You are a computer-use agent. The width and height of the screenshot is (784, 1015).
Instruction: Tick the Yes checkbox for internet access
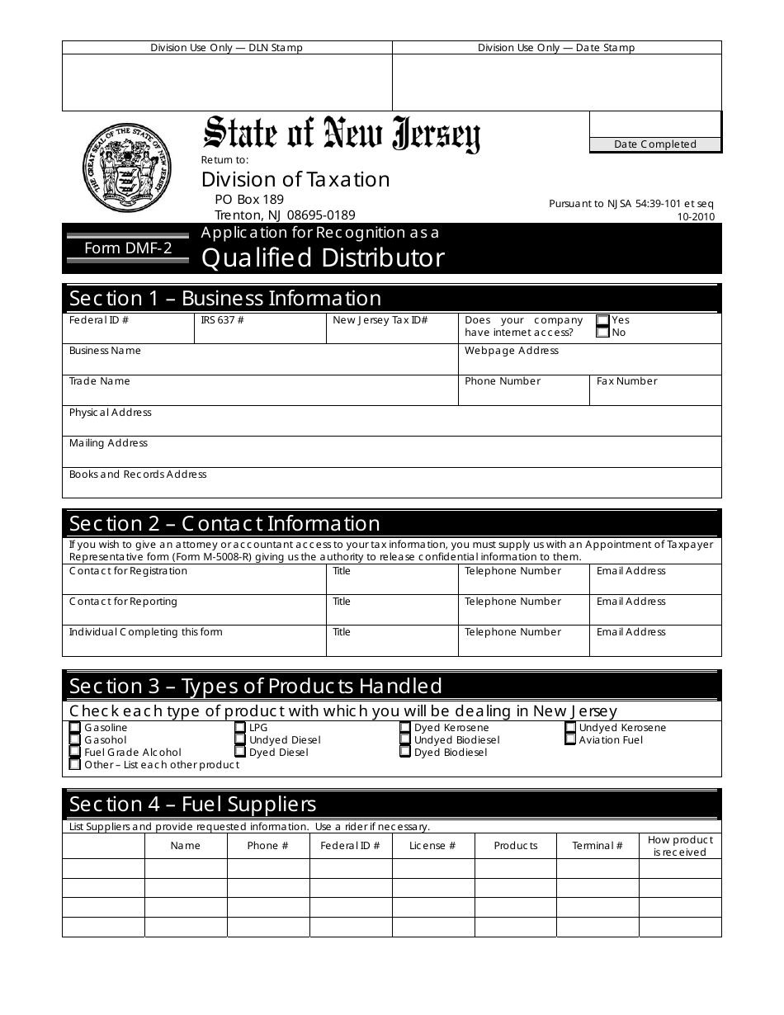pyautogui.click(x=602, y=320)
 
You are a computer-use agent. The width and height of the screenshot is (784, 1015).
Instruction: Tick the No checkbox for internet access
pyautogui.click(x=602, y=333)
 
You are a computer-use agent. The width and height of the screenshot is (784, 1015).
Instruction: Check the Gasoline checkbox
pyautogui.click(x=75, y=728)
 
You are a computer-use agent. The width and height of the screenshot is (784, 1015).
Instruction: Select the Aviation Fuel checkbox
pyautogui.click(x=570, y=740)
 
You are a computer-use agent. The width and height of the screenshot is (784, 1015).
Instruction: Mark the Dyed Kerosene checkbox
pyautogui.click(x=405, y=728)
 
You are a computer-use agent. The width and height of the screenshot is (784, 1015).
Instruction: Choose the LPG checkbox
pyautogui.click(x=240, y=728)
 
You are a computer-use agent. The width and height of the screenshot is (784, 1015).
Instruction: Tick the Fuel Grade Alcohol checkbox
pyautogui.click(x=75, y=753)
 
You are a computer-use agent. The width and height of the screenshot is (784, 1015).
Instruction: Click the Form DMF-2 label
pyautogui.click(x=128, y=248)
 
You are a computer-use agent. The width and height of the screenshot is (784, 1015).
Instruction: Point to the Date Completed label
pyautogui.click(x=655, y=144)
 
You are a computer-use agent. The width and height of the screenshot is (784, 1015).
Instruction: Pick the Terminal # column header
pyautogui.click(x=597, y=846)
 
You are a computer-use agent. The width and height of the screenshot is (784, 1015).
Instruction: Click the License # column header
pyautogui.click(x=432, y=846)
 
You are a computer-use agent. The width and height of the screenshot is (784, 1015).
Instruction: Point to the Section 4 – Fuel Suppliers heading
pyautogui.click(x=193, y=804)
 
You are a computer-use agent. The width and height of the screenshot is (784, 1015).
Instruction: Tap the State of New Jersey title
pyautogui.click(x=342, y=134)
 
